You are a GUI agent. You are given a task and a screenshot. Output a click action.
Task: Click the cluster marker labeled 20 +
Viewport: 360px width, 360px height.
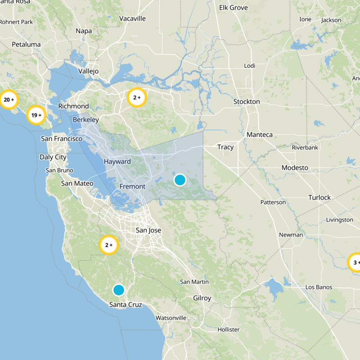pyautogui.click(x=9, y=100)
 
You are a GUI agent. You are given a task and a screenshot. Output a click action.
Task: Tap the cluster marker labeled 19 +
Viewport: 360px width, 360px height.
pyautogui.click(x=36, y=115)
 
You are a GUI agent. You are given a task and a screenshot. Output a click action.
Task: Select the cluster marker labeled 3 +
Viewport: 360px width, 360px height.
pyautogui.click(x=355, y=263)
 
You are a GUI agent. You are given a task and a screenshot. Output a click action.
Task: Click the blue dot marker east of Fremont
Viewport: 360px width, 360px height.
pyautogui.click(x=180, y=180)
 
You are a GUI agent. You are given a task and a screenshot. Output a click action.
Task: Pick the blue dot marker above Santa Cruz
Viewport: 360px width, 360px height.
pyautogui.click(x=118, y=290)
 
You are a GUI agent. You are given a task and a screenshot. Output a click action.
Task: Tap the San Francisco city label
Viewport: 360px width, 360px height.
pyautogui.click(x=62, y=139)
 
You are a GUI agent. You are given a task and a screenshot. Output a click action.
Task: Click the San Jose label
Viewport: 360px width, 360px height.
pyautogui.click(x=148, y=230)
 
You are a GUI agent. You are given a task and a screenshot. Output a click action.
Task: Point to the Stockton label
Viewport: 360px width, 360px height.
pyautogui.click(x=247, y=102)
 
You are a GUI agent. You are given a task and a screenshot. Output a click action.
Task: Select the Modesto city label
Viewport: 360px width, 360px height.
pyautogui.click(x=295, y=168)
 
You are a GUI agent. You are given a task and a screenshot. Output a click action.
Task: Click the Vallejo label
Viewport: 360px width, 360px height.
pyautogui.click(x=88, y=71)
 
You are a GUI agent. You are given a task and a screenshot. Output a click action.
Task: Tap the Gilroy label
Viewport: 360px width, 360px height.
pyautogui.click(x=202, y=298)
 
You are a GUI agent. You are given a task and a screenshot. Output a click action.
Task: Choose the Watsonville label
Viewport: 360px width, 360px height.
pyautogui.click(x=171, y=318)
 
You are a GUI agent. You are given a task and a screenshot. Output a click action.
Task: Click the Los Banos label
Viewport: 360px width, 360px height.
pyautogui.click(x=319, y=287)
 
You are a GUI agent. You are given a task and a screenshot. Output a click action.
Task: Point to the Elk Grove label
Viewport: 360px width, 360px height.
pyautogui.click(x=234, y=8)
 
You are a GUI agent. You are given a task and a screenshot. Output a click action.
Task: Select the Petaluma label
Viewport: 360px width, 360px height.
pyautogui.click(x=26, y=45)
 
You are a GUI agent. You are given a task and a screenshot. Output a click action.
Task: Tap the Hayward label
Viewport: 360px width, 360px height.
pyautogui.click(x=117, y=162)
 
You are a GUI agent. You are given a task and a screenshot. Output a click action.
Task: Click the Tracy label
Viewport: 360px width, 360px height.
pyautogui.click(x=225, y=147)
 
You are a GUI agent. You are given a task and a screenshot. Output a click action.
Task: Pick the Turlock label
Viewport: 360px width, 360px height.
pyautogui.click(x=319, y=197)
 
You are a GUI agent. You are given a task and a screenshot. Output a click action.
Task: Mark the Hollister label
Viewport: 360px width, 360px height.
pyautogui.click(x=228, y=329)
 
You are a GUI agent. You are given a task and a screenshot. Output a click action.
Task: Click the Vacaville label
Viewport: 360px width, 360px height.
pyautogui.click(x=132, y=18)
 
